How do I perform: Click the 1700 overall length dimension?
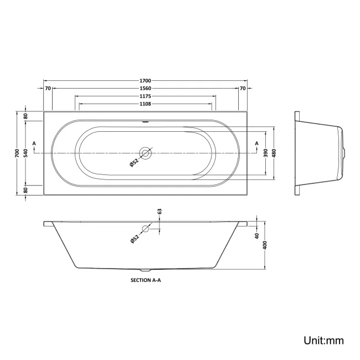[145, 81]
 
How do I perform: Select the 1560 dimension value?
[145, 88]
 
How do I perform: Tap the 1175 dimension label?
[145, 96]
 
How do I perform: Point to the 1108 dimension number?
[145, 104]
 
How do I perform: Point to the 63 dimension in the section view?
[159, 212]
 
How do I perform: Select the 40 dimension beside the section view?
[257, 236]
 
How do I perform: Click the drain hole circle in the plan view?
[146, 152]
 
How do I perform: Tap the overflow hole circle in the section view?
[146, 229]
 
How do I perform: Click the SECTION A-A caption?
[145, 280]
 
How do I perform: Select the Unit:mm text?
[323, 340]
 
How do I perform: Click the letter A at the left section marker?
[34, 144]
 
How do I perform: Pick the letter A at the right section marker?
[256, 144]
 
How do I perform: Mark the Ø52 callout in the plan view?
[133, 162]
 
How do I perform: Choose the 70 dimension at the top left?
[48, 88]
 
